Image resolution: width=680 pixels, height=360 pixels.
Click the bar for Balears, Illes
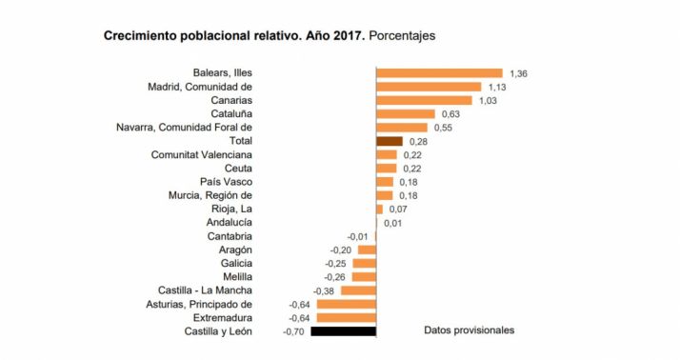pos(439,73)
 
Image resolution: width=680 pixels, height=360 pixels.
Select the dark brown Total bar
pos(390,141)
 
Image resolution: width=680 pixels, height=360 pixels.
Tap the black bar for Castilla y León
pos(344,331)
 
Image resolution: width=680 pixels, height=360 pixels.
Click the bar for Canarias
pos(424,100)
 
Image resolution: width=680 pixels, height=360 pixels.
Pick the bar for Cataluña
pos(406,114)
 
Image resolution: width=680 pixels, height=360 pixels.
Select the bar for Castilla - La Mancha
pos(358,290)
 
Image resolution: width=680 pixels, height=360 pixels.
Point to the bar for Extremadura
pos(346,318)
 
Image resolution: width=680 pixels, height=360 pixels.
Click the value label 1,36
pos(519,73)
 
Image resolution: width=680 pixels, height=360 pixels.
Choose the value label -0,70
pos(293,331)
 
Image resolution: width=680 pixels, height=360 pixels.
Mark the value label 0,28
pos(417,141)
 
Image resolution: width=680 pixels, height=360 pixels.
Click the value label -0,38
pos(324,290)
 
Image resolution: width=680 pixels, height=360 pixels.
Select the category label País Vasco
pos(226,182)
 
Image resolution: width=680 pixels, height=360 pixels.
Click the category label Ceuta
pos(237,169)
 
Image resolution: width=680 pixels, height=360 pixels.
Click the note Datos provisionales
pos(469,330)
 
